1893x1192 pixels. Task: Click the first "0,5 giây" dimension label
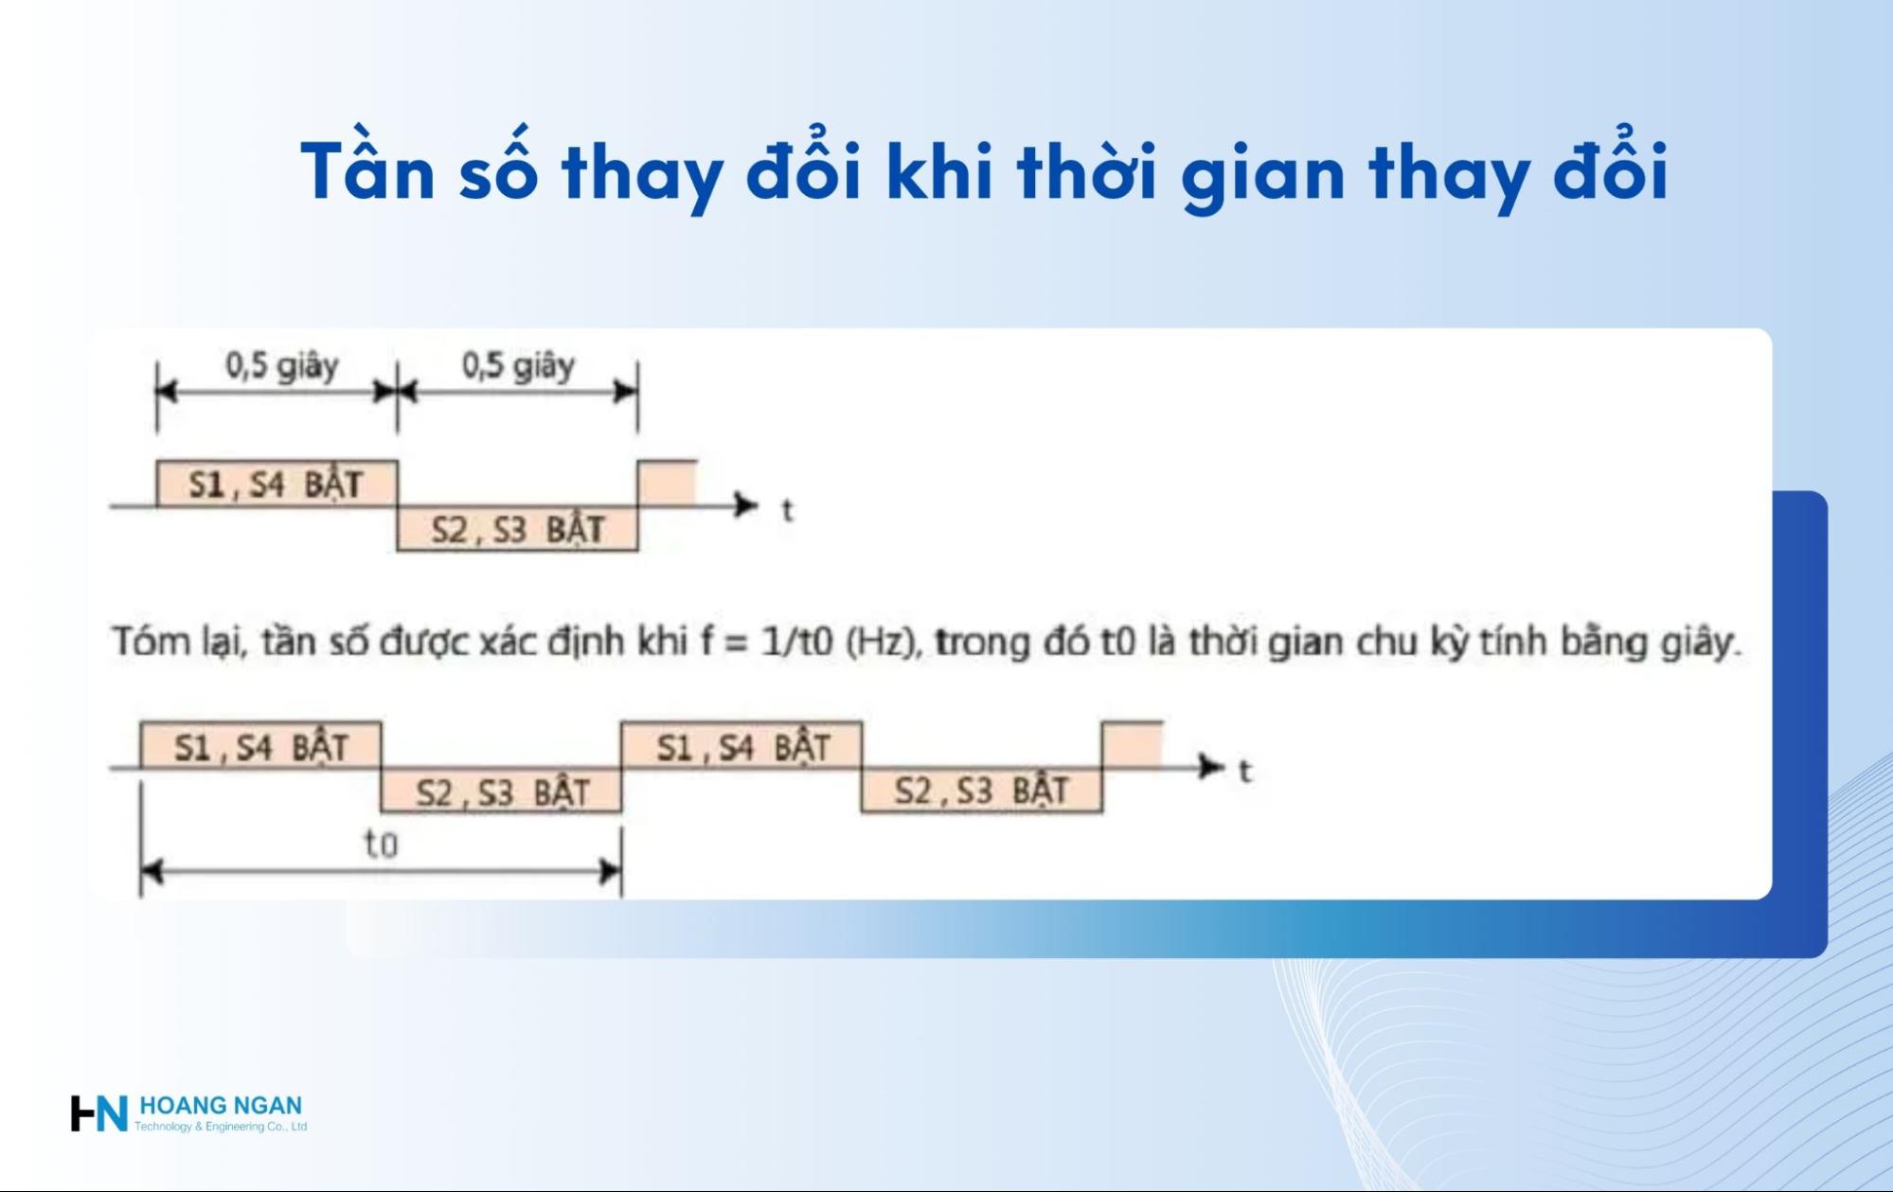[281, 365]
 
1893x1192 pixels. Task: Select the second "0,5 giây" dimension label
[518, 365]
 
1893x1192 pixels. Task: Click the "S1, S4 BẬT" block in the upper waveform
[276, 484]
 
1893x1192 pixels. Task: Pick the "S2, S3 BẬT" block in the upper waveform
[517, 528]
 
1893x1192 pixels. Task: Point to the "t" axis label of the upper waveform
[786, 511]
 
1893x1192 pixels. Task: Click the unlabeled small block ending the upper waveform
[668, 483]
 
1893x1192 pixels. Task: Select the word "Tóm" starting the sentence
[150, 642]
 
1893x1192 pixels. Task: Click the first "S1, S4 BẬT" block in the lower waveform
[260, 746]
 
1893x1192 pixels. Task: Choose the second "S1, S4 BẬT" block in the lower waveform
[741, 746]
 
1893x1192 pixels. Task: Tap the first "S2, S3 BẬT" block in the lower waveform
[502, 791]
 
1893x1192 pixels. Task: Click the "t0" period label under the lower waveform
[381, 843]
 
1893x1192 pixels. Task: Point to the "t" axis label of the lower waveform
[1244, 772]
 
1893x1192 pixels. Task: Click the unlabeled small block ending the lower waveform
[1132, 745]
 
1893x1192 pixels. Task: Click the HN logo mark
[98, 1113]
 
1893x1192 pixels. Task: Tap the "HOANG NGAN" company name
[221, 1105]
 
